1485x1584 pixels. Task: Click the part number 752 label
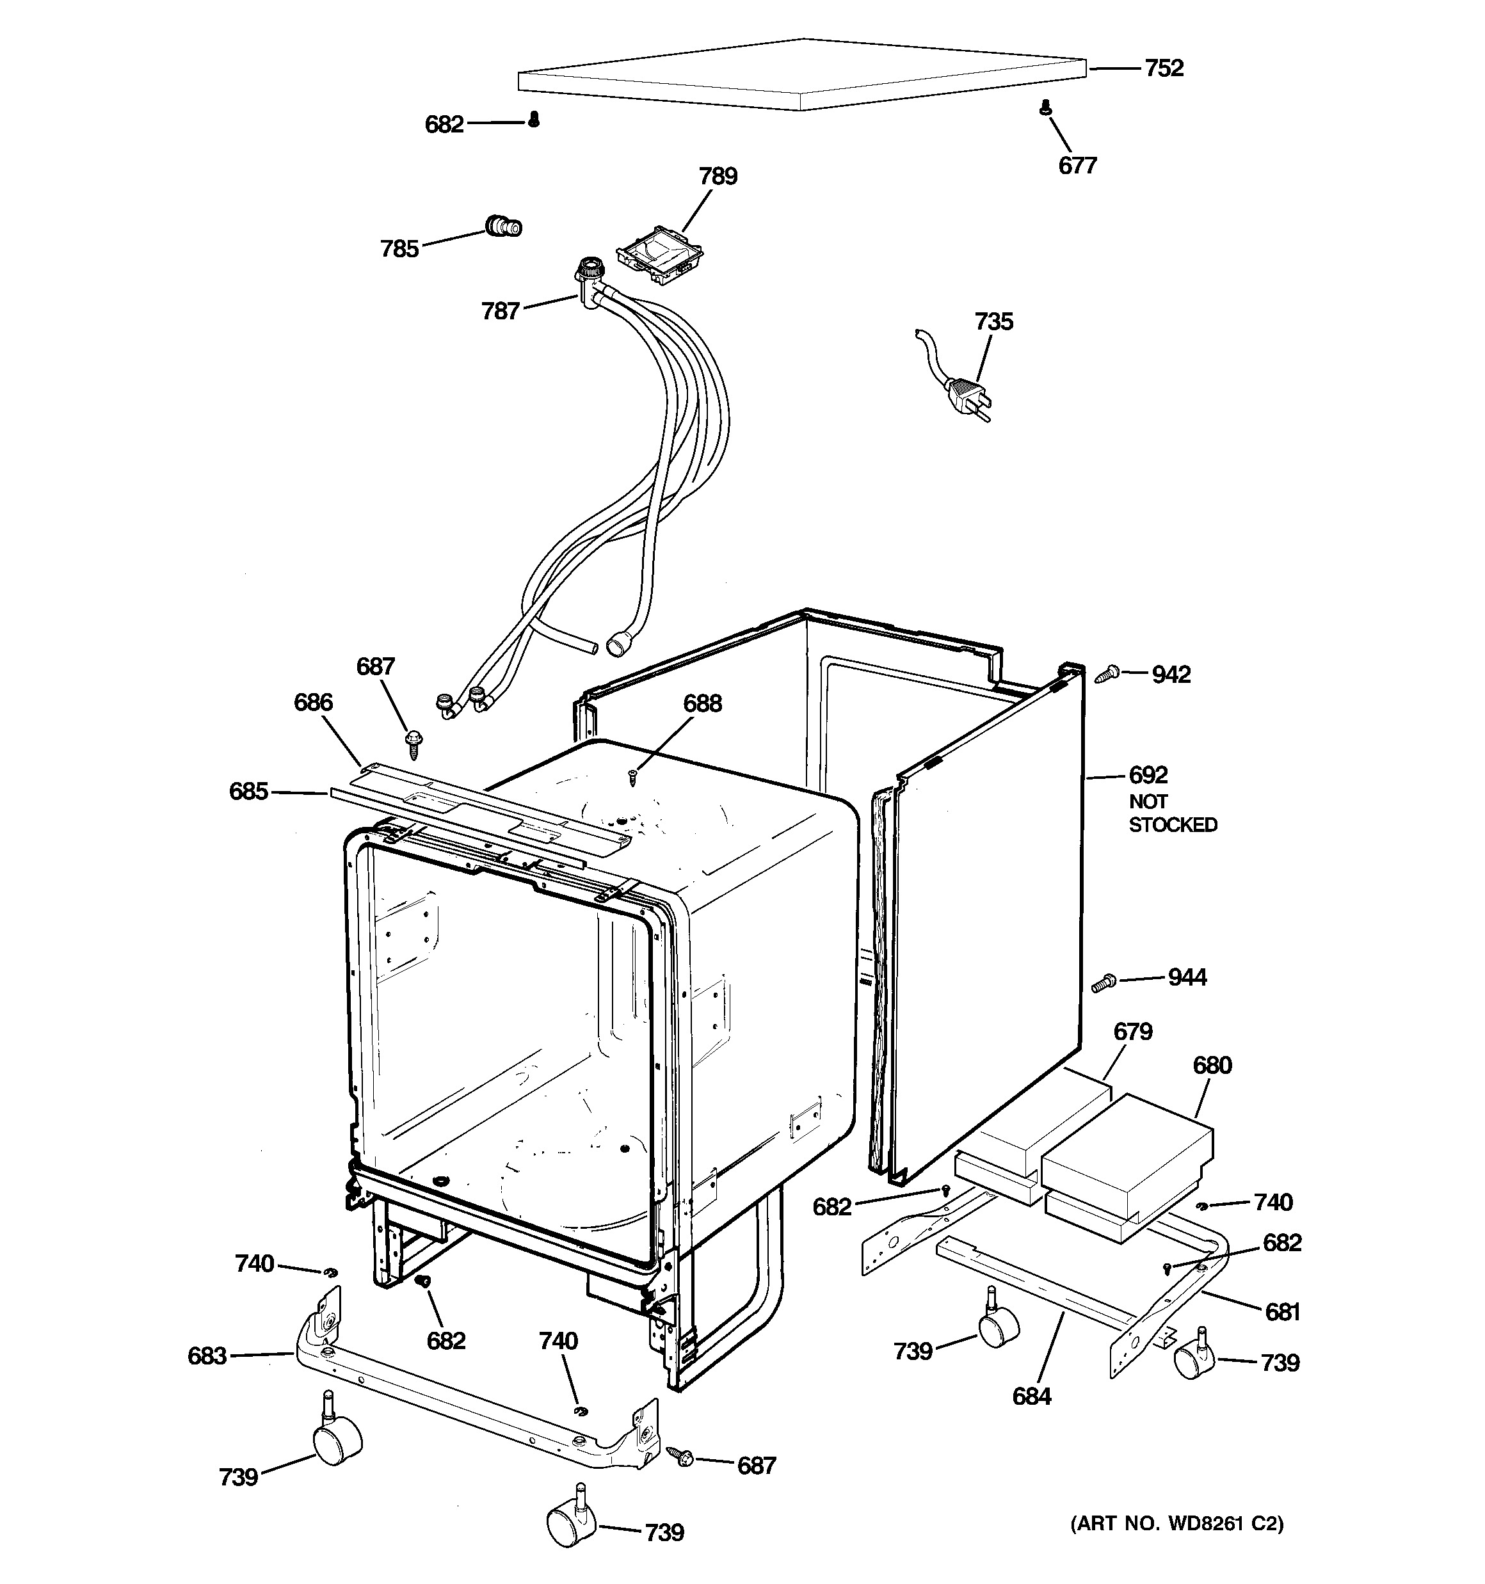[x=1164, y=68]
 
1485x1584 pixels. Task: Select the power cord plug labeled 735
[x=965, y=394]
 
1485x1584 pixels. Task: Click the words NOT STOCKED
[x=1172, y=813]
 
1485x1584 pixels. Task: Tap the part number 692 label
[x=1148, y=774]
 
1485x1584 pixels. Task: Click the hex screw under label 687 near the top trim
[x=413, y=744]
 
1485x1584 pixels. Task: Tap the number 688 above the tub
[x=702, y=703]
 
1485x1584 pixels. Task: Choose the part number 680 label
[x=1212, y=1066]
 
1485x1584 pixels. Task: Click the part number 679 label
[x=1133, y=1032]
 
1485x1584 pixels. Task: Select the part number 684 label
[x=1031, y=1396]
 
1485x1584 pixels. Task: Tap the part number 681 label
[x=1283, y=1311]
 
